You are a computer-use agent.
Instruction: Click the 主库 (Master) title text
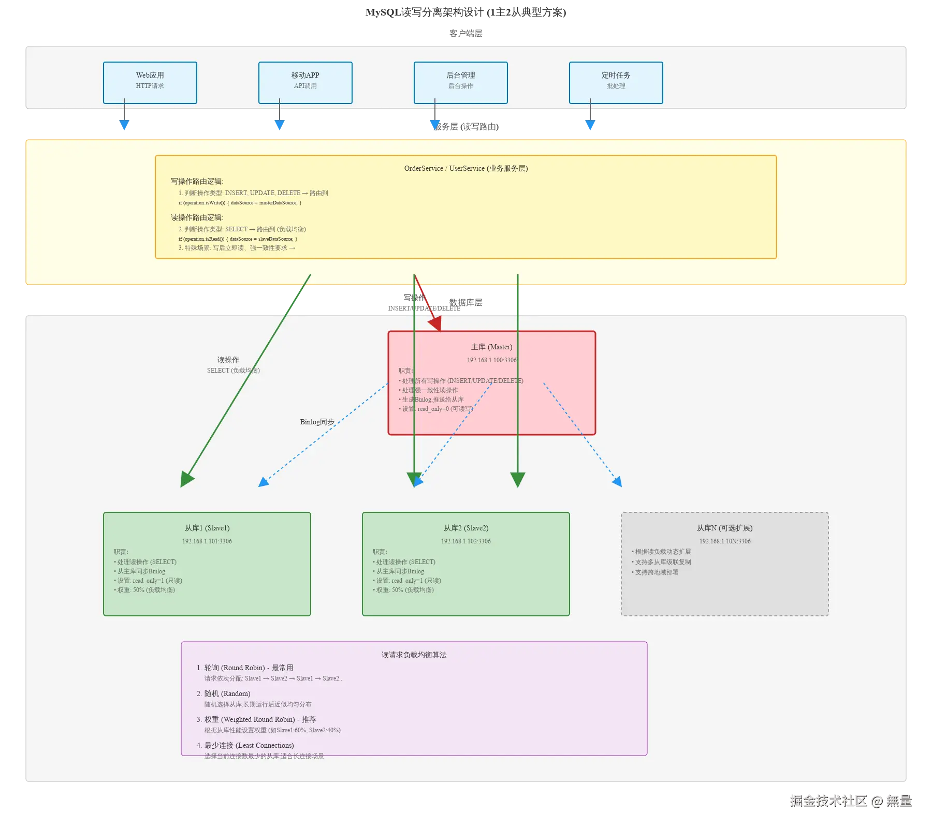(491, 347)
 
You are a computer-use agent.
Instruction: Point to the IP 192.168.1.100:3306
(491, 360)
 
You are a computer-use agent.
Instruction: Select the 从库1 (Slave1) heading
(207, 528)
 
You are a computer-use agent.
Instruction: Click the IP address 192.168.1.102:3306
(466, 541)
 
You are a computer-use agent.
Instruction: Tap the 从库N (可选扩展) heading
(724, 528)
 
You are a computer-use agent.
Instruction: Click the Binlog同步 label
(317, 422)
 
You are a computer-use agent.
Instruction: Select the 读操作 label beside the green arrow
(228, 360)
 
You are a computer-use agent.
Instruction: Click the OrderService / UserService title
(466, 168)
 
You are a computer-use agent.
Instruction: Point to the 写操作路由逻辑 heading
(197, 181)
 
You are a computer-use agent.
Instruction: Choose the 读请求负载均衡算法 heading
(414, 655)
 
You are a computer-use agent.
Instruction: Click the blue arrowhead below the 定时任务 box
(590, 125)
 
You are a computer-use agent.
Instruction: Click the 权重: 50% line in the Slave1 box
(145, 590)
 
